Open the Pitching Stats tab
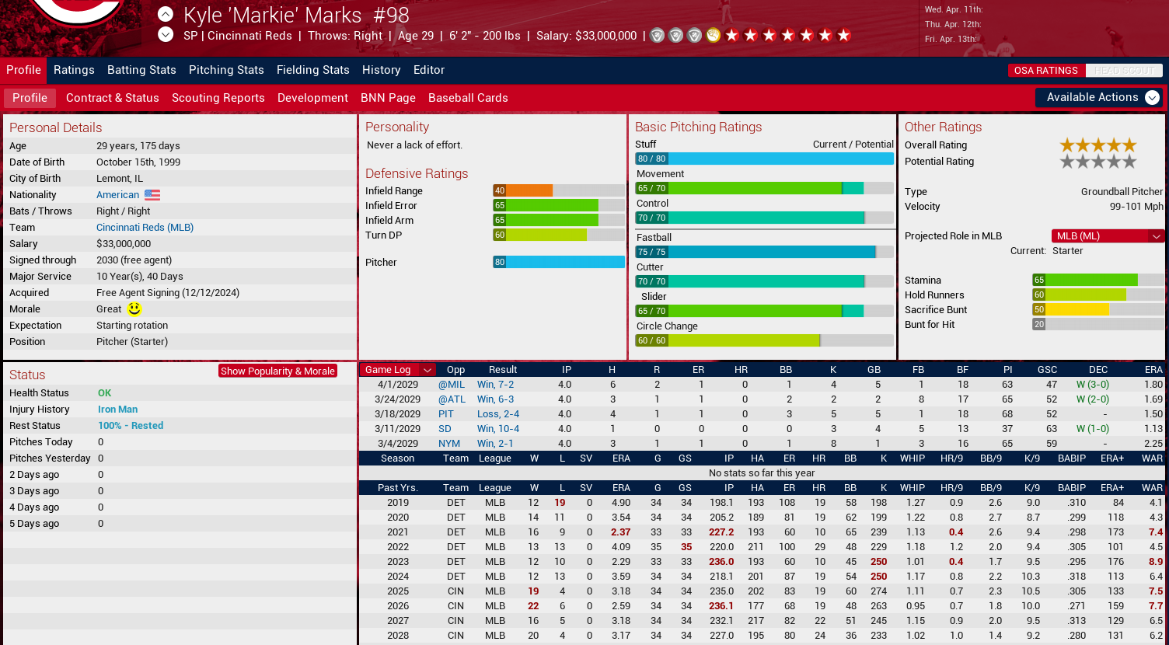pos(226,70)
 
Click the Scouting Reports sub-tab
pos(218,98)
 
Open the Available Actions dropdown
pos(1099,98)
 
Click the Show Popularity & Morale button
pos(277,371)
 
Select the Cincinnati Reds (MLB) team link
pos(145,228)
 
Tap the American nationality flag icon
pos(152,194)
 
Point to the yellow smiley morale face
pos(134,309)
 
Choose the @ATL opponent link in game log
pos(452,399)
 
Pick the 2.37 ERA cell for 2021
pos(620,532)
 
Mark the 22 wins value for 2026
pos(533,606)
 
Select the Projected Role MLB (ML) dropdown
pos(1107,236)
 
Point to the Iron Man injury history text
pos(118,410)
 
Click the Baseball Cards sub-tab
pos(468,98)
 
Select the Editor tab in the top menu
pos(429,70)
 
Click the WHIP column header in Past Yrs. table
pos(913,488)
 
